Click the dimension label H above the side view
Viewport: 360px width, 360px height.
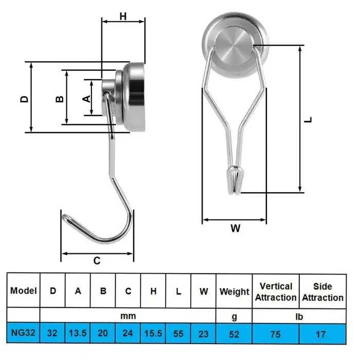click(123, 16)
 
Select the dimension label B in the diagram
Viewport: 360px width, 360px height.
click(60, 97)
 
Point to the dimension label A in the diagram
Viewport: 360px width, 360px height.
click(87, 97)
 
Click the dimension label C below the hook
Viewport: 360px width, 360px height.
click(97, 260)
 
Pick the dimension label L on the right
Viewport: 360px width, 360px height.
click(308, 119)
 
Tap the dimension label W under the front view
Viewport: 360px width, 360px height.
click(235, 229)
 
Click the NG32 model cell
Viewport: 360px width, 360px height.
click(23, 334)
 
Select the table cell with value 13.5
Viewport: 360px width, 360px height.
click(78, 334)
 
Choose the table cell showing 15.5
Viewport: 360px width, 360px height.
click(153, 334)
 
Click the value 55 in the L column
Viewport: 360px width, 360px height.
click(178, 334)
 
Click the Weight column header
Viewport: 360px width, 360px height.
click(234, 292)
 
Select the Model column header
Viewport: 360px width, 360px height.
click(24, 291)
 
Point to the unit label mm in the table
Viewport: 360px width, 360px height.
click(128, 316)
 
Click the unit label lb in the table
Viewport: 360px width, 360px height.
click(299, 316)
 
